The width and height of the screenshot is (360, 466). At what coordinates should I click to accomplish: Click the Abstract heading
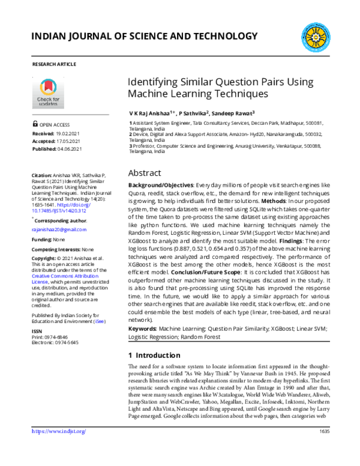145,172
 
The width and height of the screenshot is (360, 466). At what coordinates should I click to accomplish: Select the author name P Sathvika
191,112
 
